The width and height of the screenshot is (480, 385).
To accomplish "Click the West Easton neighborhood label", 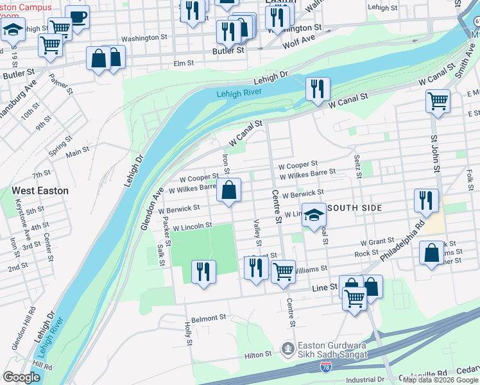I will [40, 191].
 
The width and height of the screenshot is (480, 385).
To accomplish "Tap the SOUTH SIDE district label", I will [355, 208].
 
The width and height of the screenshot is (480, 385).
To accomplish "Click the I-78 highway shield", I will [327, 367].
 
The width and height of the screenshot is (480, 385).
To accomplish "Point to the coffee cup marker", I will [77, 17].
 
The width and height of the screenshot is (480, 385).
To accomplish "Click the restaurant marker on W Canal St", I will [318, 89].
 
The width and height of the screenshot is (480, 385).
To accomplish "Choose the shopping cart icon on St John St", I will [438, 101].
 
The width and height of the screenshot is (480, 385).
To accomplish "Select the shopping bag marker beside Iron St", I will [229, 190].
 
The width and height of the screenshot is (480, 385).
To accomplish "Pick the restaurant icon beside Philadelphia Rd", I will [426, 201].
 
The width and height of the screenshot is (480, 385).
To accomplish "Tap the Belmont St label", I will [209, 318].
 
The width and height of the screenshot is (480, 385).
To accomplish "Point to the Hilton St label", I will [258, 355].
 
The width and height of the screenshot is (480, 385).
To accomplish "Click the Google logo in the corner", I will [22, 377].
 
